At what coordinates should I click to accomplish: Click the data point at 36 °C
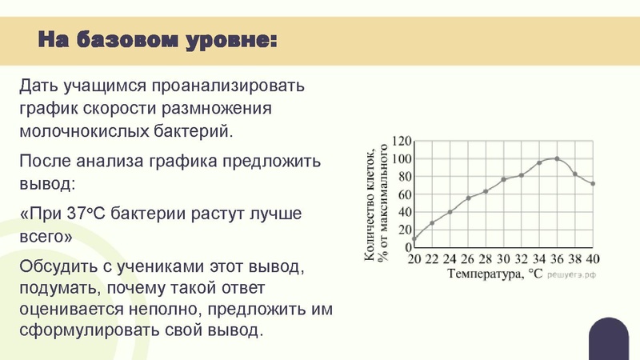click(557, 159)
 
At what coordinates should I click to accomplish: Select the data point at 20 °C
click(414, 238)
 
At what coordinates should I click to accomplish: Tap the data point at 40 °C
click(593, 184)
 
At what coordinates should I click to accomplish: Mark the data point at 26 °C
click(468, 198)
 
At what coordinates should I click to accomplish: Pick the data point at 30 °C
click(503, 179)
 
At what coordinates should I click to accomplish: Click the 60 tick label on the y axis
click(403, 194)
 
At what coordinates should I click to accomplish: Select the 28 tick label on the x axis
click(486, 259)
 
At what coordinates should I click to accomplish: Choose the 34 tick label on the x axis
click(539, 259)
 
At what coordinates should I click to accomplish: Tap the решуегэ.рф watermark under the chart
click(573, 274)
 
